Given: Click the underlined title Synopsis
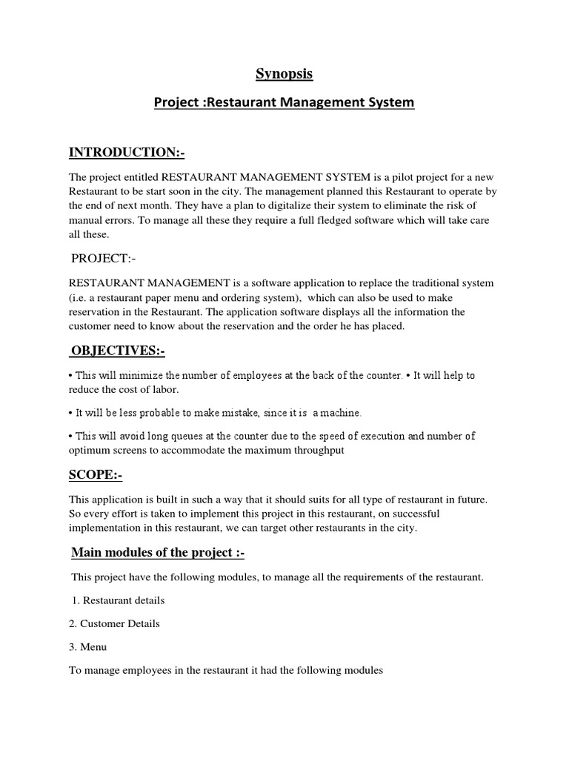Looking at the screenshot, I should click(284, 73).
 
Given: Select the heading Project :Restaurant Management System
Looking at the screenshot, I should click(284, 102).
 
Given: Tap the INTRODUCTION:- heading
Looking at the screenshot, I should click(127, 153).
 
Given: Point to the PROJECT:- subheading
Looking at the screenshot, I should click(104, 259).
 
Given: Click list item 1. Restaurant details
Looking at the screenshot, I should click(119, 600).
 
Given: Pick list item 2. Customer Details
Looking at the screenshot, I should click(114, 623).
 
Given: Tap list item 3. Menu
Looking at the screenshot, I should click(88, 647).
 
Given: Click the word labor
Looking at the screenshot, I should click(166, 390).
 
